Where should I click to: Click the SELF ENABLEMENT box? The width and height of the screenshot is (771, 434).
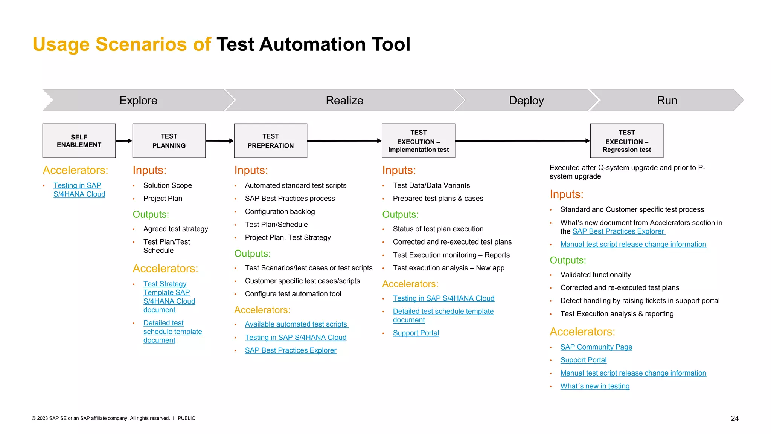pos(79,141)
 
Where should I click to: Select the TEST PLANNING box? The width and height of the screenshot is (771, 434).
pos(169,141)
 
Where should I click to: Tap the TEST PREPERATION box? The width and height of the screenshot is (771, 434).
pos(270,141)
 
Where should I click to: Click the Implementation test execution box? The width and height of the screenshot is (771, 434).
pos(418,141)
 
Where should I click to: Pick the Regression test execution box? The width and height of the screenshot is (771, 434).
pos(626,141)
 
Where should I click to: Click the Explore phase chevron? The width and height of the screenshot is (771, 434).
pos(138,100)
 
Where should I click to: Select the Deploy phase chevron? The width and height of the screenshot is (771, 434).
pos(526,100)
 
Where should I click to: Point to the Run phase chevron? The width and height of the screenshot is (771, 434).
pos(667,100)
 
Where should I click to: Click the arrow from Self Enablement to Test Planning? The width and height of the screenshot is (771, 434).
pos(124,141)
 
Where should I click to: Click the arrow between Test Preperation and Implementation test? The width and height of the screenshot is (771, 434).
pos(344,141)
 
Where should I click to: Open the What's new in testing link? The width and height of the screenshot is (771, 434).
pos(595,386)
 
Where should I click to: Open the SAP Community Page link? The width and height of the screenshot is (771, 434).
pos(596,347)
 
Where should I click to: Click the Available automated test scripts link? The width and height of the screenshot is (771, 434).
pos(296,324)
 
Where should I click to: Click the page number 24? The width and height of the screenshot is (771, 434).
pos(734,418)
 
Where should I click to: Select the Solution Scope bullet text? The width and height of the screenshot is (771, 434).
pos(168,185)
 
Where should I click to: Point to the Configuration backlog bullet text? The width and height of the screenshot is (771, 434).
pos(280,212)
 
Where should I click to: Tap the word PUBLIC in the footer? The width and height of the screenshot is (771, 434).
pos(186,418)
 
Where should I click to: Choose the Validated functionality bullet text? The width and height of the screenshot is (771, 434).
pos(595,275)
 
